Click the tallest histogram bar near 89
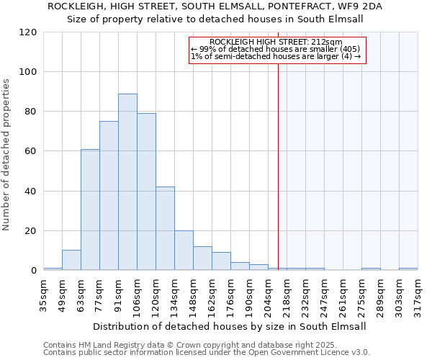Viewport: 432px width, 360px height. [127, 182]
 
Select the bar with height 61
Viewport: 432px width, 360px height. [90, 210]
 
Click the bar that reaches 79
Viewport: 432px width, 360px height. [146, 192]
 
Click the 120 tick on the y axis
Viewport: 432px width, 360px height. [28, 32]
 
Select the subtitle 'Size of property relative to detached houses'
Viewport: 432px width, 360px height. [216, 19]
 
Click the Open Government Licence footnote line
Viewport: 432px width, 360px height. [207, 353]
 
